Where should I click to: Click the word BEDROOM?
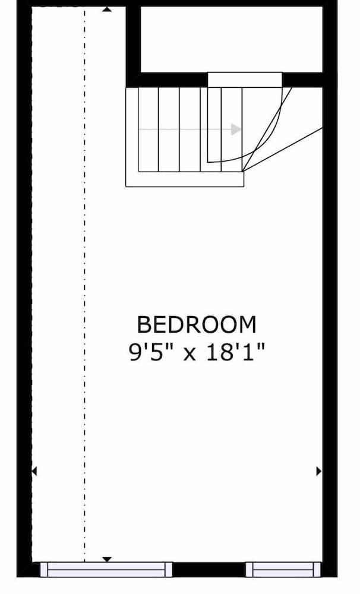[197, 325]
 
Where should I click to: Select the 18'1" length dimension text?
[235, 353]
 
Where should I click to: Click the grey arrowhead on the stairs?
[236, 129]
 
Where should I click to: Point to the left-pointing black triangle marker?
[34, 471]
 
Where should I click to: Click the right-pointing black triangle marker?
[318, 471]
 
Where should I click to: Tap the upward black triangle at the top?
[106, 9]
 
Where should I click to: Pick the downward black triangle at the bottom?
[107, 559]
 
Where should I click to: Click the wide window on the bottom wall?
[106, 570]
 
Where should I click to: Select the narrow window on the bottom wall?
[283, 570]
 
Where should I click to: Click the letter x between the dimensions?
[189, 355]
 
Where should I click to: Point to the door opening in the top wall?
[245, 80]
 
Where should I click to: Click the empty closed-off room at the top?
[232, 39]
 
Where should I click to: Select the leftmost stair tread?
[148, 129]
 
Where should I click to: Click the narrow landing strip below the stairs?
[184, 179]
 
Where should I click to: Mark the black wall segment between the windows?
[209, 570]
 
